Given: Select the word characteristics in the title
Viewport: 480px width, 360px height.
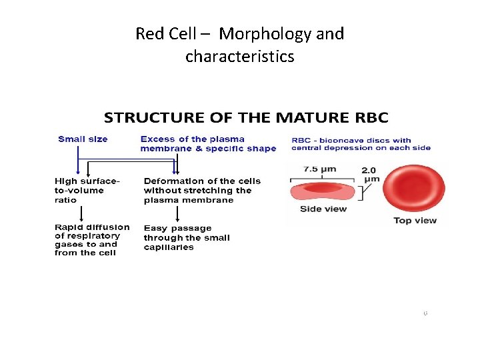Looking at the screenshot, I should (x=239, y=57).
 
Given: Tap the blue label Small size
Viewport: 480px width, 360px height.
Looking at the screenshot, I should (x=83, y=139).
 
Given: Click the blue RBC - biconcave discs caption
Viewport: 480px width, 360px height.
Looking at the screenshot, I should (x=361, y=144).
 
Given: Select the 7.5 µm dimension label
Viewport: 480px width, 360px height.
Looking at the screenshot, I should (x=319, y=169).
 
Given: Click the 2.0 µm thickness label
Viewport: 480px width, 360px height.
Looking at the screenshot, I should (x=371, y=174).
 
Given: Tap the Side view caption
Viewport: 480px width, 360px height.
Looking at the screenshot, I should (x=323, y=209).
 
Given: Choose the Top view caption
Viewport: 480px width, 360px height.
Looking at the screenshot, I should (x=415, y=220).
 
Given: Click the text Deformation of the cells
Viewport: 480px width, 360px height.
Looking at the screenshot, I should (x=201, y=190).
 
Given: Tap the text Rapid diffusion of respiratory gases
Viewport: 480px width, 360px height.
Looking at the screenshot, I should (x=92, y=239).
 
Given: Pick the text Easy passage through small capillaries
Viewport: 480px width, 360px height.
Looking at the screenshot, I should (x=187, y=237).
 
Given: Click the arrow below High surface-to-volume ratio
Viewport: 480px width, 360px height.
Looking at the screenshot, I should (x=81, y=213).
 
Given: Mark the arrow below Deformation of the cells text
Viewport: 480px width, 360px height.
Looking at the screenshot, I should (x=177, y=213).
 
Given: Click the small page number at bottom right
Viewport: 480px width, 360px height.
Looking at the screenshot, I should (x=425, y=313).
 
